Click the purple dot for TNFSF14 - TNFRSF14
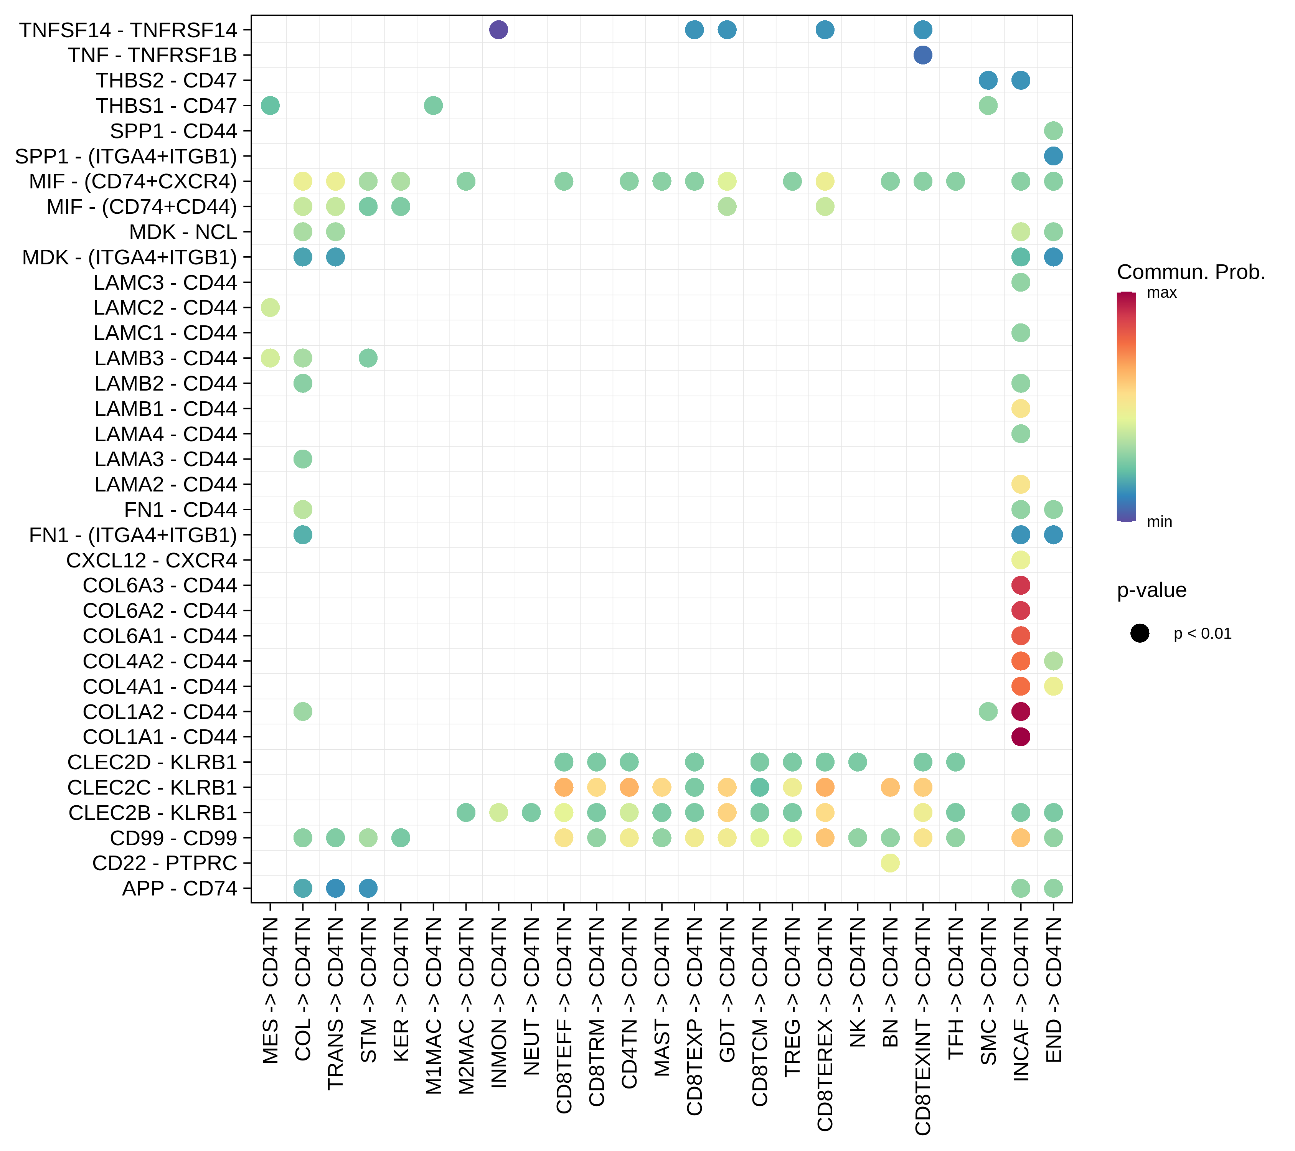coord(498,30)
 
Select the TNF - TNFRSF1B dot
coord(922,55)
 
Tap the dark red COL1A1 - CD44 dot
coord(1020,737)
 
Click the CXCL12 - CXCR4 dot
coord(1020,560)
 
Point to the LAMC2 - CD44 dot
coord(270,308)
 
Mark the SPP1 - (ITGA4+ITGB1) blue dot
coord(1053,156)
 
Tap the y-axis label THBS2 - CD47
coord(166,81)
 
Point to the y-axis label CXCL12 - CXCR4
coord(152,561)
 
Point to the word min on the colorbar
coord(1160,522)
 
